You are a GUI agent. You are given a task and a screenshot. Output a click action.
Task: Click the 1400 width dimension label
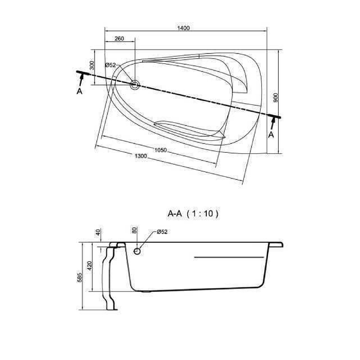184,28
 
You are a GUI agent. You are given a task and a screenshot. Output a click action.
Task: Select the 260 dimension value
119,39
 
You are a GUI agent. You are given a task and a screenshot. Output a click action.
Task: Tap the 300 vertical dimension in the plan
92,65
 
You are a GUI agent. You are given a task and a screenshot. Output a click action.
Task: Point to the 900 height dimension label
276,98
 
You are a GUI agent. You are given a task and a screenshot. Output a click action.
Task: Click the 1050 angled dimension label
160,150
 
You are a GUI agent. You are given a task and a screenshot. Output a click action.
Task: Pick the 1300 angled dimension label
140,156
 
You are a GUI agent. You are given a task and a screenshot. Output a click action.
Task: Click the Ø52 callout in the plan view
111,65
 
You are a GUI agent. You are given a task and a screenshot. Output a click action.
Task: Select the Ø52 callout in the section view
162,232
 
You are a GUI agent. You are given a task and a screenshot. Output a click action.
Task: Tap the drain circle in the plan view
135,84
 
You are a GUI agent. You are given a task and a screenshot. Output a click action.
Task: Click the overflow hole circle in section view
137,251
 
